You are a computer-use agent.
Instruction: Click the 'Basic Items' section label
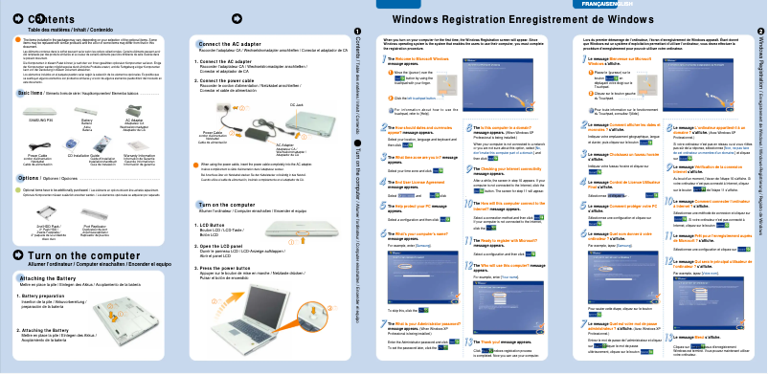[x=33, y=94]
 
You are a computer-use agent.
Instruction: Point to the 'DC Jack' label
[x=296, y=103]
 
